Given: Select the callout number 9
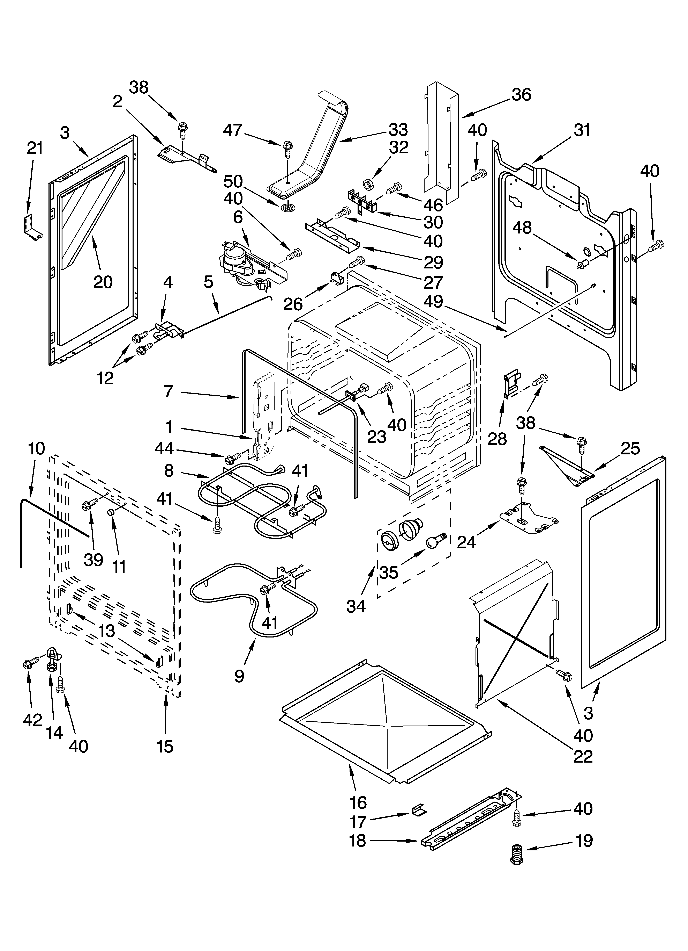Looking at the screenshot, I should [239, 676].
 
